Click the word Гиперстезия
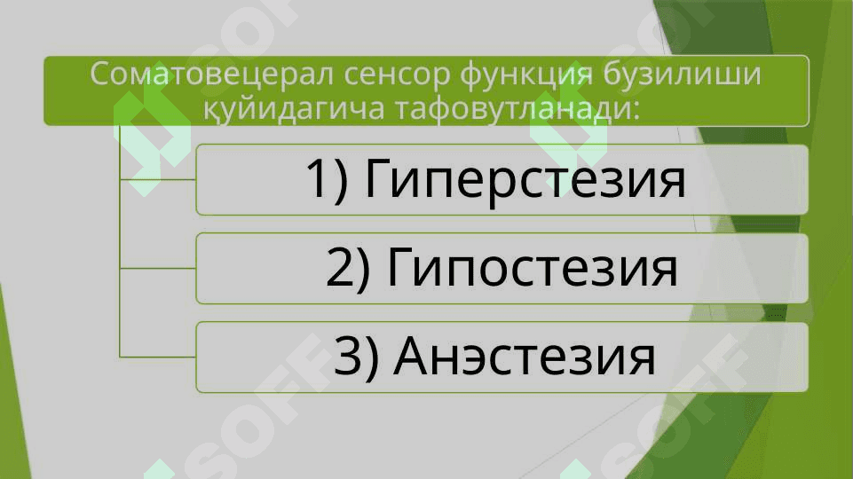click(525, 180)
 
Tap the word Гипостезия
click(532, 268)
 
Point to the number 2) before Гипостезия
click(348, 268)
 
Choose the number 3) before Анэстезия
click(356, 356)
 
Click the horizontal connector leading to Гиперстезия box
click(158, 179)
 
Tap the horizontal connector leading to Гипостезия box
click(158, 268)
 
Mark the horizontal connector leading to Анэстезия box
click(158, 357)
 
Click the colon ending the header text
click(633, 110)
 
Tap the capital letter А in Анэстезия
click(412, 356)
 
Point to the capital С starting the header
click(100, 75)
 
